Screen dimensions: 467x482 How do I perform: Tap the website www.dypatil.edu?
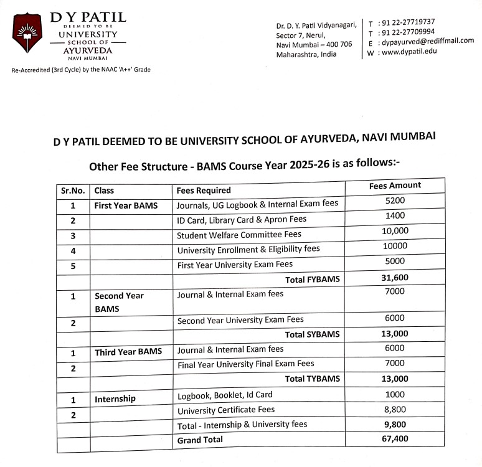[x=409, y=52]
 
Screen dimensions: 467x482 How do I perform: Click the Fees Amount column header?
[x=395, y=186]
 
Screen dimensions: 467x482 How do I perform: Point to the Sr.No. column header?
[x=73, y=191]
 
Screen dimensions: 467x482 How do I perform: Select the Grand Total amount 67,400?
[x=395, y=439]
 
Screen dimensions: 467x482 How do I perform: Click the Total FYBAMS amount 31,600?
[x=395, y=278]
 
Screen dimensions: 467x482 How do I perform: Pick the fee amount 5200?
[x=395, y=200]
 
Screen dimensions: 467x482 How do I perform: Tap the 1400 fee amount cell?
[x=395, y=215]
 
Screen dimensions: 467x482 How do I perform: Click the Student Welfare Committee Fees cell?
[x=239, y=235]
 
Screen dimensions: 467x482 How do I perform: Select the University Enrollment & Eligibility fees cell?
[x=248, y=250]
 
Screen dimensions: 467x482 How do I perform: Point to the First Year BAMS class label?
[x=126, y=205]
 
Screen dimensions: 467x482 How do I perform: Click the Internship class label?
[x=115, y=399]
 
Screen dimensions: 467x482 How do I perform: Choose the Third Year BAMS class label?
[x=128, y=352]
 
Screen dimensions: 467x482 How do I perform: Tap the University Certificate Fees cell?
[x=226, y=410]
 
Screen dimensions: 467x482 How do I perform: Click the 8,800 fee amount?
[x=395, y=409]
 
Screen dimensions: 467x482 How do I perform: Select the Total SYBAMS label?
[x=313, y=334]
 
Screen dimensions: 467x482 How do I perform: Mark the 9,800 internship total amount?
[x=395, y=424]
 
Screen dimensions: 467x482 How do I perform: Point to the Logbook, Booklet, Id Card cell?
[x=225, y=395]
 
